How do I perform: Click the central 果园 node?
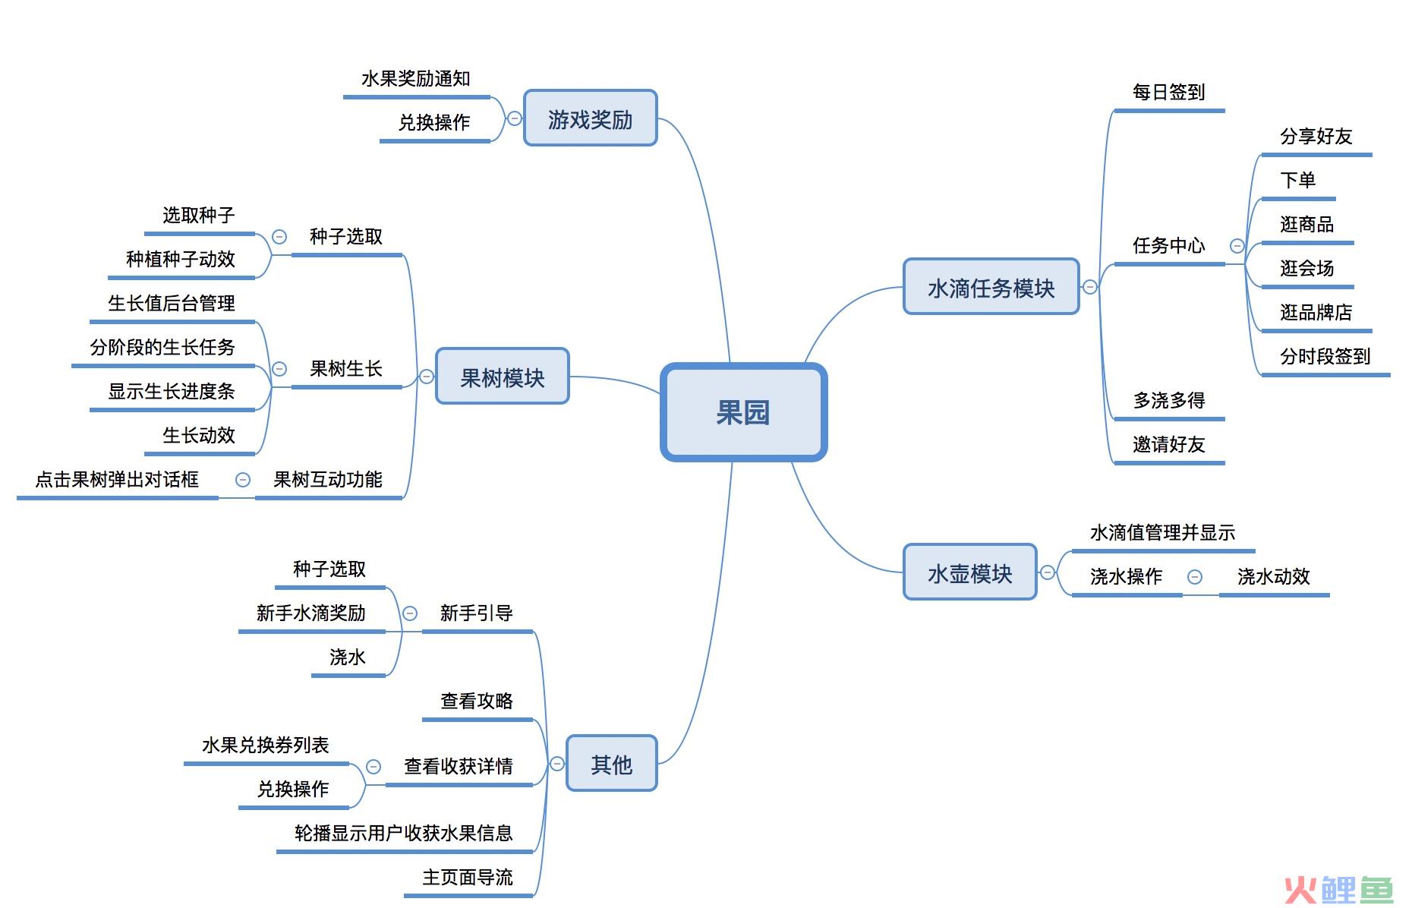point(743,412)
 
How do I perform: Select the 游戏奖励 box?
point(590,118)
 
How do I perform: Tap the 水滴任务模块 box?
point(991,287)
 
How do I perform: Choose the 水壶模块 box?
point(969,572)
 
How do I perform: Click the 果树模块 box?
point(502,377)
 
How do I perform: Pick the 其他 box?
point(611,764)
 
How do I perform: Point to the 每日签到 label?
point(1169,93)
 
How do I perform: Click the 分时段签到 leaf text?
point(1325,356)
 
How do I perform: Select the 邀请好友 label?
point(1169,444)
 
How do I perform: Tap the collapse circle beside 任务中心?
point(1237,246)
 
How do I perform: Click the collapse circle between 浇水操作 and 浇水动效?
point(1195,577)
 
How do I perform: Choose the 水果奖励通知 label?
point(416,79)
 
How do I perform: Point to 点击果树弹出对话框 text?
point(117,480)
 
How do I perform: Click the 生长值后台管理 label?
point(172,304)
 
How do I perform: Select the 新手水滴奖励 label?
point(311,613)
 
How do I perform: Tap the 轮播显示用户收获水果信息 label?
point(404,834)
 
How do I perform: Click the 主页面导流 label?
point(468,878)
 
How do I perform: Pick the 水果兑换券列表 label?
point(266,746)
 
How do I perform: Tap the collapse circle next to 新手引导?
point(410,613)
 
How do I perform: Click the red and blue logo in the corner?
point(1338,889)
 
